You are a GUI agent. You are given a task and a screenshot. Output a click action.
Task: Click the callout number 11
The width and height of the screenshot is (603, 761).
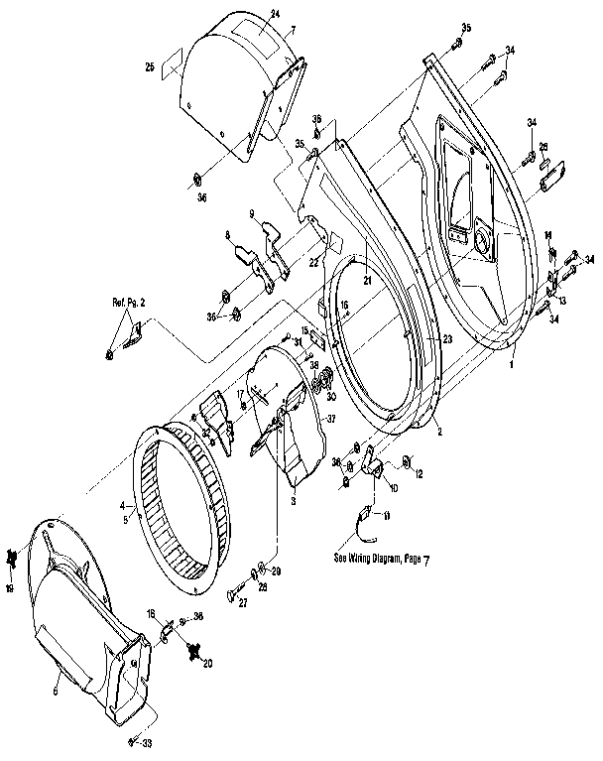(x=387, y=516)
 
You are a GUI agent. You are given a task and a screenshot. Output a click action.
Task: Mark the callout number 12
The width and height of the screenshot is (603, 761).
(x=419, y=474)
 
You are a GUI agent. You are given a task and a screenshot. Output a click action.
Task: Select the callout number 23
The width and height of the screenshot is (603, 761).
(x=448, y=339)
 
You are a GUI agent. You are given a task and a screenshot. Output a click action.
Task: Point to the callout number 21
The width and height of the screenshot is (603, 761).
(x=365, y=282)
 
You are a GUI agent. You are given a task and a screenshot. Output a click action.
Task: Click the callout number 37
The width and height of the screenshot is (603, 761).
(x=331, y=419)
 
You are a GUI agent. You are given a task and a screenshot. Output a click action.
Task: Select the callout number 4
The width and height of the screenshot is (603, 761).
(x=124, y=504)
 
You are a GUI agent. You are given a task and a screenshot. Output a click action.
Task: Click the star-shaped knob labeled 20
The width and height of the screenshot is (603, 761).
(x=194, y=651)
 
